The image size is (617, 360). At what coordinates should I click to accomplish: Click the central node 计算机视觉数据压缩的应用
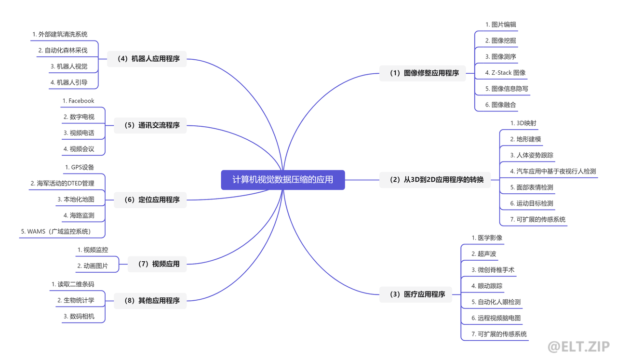click(283, 180)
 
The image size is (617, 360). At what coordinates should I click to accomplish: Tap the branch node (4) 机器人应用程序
click(147, 59)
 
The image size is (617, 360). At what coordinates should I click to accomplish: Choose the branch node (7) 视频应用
click(157, 264)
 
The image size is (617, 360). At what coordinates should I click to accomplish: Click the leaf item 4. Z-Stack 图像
click(505, 73)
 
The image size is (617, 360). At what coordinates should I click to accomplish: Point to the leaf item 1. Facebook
click(79, 101)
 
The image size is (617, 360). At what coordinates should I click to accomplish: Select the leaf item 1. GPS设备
click(80, 167)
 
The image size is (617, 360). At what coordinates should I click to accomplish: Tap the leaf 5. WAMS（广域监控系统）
click(56, 231)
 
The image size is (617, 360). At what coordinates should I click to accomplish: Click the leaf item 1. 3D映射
click(523, 123)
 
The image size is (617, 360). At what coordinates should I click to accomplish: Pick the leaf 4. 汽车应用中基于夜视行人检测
click(553, 171)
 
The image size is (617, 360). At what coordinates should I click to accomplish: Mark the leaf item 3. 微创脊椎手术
click(493, 270)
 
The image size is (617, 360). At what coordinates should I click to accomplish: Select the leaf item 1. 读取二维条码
click(73, 284)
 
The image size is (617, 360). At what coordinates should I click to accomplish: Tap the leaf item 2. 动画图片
click(93, 266)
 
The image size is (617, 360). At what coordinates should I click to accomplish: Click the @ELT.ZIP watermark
click(579, 347)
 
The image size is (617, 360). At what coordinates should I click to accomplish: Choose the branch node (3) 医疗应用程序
click(416, 294)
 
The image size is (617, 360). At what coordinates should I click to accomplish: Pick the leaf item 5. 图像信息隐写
click(507, 89)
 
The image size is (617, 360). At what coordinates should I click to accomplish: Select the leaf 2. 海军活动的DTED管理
click(62, 183)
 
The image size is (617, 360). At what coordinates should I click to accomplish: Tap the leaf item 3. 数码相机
click(79, 316)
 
